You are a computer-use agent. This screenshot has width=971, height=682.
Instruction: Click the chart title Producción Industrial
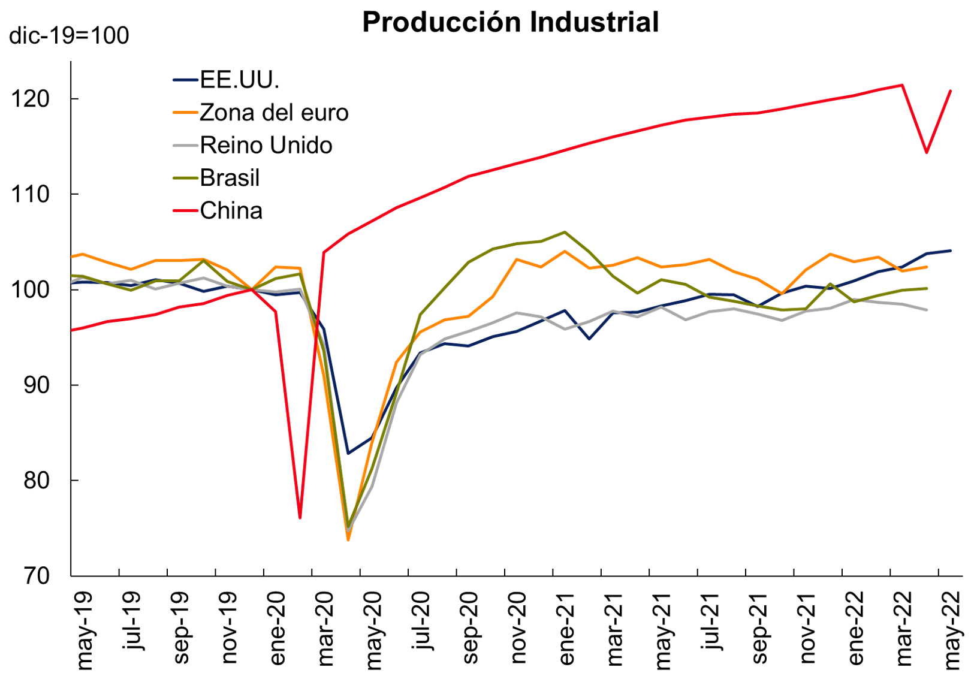tap(510, 22)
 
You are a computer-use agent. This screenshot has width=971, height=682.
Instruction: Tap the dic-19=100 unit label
tap(69, 36)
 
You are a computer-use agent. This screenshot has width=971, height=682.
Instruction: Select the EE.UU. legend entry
tap(239, 80)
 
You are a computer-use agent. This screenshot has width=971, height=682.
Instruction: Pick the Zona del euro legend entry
tap(273, 113)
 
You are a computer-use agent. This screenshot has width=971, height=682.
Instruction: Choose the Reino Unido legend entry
tap(266, 145)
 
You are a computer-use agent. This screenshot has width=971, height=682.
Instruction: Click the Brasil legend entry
tap(230, 178)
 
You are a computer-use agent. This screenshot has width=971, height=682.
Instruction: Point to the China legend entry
tap(231, 211)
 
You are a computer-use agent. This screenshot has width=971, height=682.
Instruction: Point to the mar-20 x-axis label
tap(325, 629)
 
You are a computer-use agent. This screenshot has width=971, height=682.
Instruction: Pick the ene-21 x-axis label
tap(566, 629)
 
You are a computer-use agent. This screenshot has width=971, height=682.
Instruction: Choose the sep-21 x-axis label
tap(759, 629)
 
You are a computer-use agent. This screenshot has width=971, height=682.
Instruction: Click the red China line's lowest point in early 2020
tap(300, 517)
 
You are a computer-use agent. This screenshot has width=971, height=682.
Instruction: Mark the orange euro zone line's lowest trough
tap(348, 540)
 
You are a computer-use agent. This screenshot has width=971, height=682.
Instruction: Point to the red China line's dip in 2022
tap(927, 152)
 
